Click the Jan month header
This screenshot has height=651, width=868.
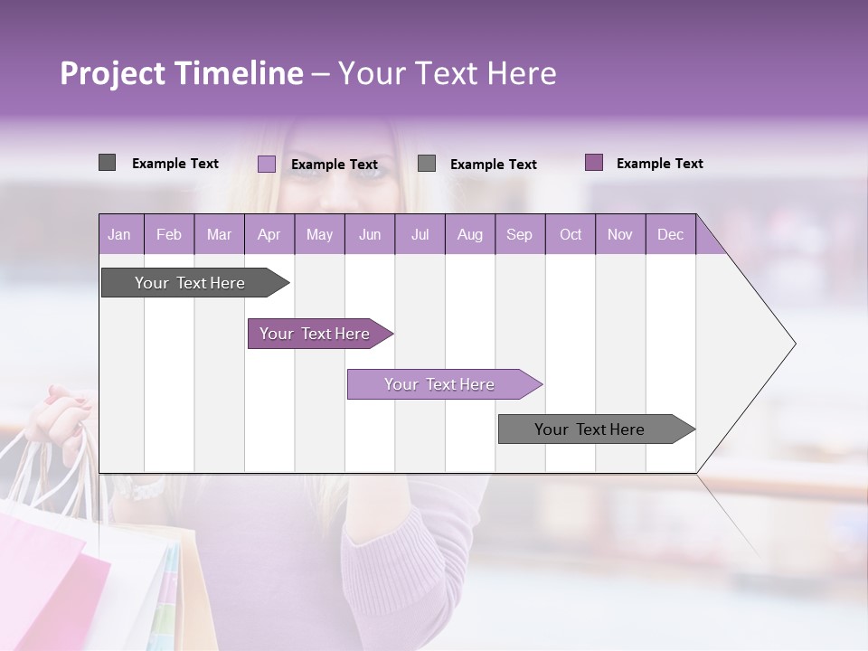[x=119, y=234]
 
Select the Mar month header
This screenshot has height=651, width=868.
[x=219, y=234]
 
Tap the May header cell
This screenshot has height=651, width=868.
[x=319, y=234]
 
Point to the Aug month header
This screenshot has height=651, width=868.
[x=469, y=234]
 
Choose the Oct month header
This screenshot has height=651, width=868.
[x=570, y=234]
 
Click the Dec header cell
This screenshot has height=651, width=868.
[x=670, y=234]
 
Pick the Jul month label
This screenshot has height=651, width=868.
[x=420, y=234]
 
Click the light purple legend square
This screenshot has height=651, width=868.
[x=267, y=164]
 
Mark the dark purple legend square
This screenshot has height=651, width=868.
[x=594, y=163]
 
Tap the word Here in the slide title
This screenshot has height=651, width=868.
[x=522, y=73]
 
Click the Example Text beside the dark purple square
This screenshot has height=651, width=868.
[x=659, y=164]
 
